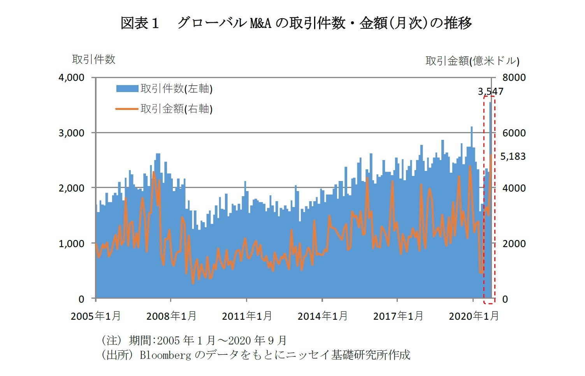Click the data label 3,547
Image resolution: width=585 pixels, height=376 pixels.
coord(490,92)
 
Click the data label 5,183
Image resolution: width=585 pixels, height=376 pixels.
coord(513,157)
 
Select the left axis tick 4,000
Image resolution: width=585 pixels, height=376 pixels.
coord(71,78)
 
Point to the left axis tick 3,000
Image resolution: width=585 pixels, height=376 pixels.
coord(71,133)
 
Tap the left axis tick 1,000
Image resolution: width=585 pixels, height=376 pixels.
coord(71,244)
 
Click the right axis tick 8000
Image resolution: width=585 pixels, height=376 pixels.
coord(514,78)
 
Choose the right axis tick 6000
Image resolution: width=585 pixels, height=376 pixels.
coord(514,133)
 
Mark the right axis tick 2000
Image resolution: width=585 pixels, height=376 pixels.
coord(514,244)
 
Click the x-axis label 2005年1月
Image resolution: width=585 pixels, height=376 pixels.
coord(96,316)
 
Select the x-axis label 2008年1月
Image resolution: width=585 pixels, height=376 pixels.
coord(171,316)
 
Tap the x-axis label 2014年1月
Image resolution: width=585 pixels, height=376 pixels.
coord(322,316)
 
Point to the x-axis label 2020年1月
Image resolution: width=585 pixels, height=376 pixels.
coord(474,316)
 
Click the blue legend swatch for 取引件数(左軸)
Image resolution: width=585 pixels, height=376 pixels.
coord(127,89)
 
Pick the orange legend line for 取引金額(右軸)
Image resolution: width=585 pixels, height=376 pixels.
coord(127,109)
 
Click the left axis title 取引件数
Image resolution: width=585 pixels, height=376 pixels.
coord(94,59)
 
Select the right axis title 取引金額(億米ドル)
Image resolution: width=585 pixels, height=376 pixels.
coord(472,61)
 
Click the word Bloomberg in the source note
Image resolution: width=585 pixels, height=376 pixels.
coord(165,355)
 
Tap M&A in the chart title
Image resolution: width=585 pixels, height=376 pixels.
coord(260,23)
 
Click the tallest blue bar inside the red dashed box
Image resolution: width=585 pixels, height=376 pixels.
coord(490,194)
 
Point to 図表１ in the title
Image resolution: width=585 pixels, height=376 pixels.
coord(140,23)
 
